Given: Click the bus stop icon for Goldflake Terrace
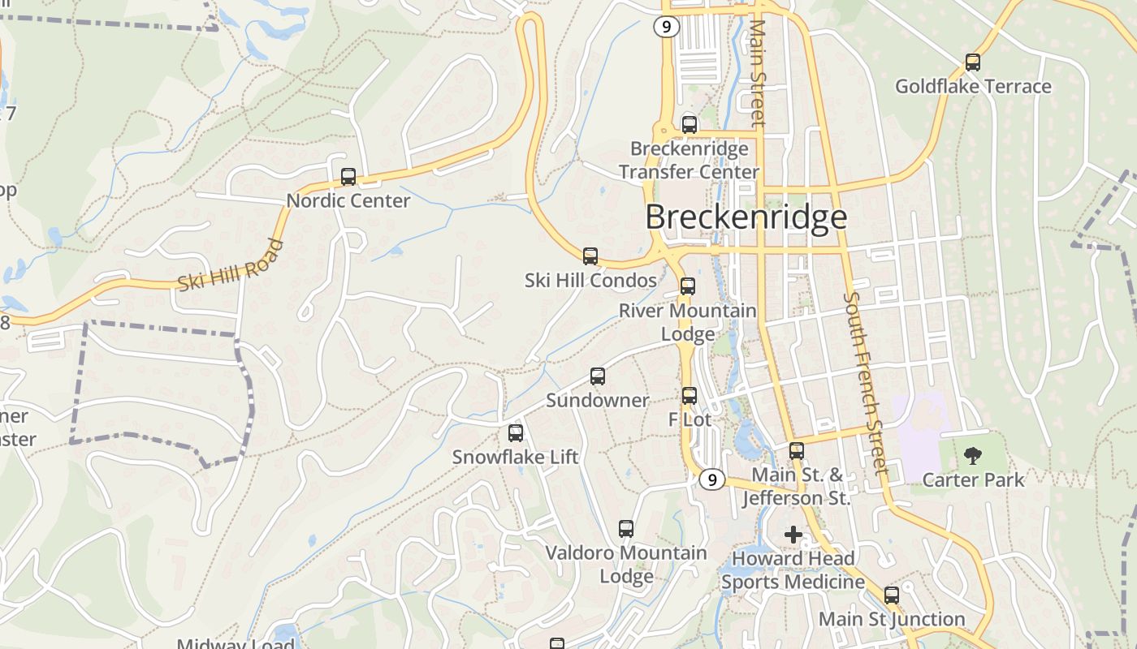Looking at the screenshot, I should tap(972, 62).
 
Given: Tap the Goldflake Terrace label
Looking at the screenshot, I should tap(972, 86).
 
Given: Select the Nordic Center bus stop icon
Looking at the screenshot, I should tap(348, 177).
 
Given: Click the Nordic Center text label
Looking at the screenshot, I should tap(348, 200).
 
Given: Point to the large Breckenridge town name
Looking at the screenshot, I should tap(746, 217).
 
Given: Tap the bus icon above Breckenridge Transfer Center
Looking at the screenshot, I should tap(690, 125).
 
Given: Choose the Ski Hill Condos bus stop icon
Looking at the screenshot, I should tap(590, 256).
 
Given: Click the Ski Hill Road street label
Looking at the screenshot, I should tap(231, 264).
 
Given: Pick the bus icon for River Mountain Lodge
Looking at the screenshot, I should tap(688, 286).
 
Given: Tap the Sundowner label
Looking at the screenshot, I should tap(598, 400).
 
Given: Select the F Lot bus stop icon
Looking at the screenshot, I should tap(690, 396).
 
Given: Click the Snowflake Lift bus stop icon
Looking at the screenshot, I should tap(516, 433).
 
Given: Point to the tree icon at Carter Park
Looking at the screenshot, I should tap(972, 455).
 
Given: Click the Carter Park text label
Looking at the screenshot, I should tap(974, 479).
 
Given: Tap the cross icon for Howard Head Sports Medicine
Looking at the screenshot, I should tap(793, 535).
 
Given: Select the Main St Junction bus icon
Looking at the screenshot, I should tap(892, 595).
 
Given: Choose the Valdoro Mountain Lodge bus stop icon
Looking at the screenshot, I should tap(626, 529).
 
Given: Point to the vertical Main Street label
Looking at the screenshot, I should tap(758, 73).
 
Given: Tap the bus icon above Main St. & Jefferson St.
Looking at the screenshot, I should tap(797, 451).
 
